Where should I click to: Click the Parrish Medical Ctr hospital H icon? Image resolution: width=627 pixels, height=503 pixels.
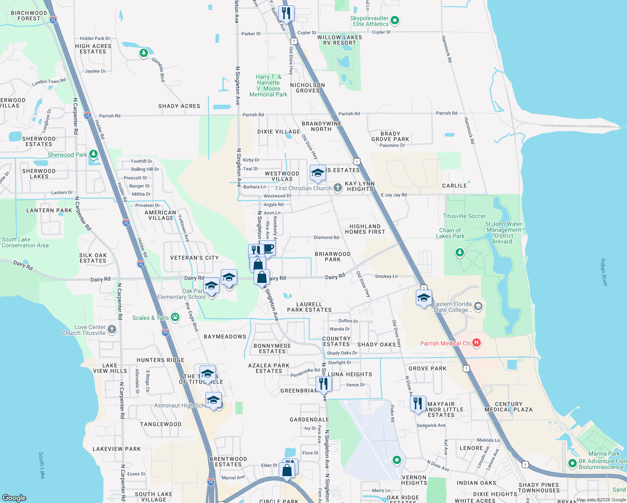coord(476,343)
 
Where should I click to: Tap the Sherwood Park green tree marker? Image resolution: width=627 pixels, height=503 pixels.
coord(93,154)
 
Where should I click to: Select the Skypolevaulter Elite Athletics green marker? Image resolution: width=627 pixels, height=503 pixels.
coord(394,20)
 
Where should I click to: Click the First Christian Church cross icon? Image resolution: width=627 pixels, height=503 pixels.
coord(338,188)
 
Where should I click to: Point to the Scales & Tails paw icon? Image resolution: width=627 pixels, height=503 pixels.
coord(175,317)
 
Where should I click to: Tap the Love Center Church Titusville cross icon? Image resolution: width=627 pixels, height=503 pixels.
coord(112,329)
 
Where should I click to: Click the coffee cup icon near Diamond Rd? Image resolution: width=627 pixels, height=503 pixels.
coord(268,248)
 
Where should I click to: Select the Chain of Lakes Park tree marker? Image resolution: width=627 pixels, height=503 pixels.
coord(460,252)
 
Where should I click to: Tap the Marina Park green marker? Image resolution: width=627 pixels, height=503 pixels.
coord(572,463)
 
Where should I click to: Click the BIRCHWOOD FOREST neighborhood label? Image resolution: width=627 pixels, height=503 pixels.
coord(29,16)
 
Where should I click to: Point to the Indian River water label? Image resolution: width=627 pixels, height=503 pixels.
coord(604,272)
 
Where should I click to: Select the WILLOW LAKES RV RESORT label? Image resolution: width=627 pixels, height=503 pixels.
coord(339,40)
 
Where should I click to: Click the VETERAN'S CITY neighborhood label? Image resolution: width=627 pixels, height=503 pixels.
coord(194,258)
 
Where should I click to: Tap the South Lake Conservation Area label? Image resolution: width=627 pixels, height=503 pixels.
coord(25,242)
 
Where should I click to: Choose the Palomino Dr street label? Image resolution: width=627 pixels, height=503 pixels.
coord(392,145)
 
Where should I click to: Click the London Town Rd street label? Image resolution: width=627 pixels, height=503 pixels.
coord(49,82)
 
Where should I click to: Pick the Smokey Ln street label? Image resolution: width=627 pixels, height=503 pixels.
coord(386,276)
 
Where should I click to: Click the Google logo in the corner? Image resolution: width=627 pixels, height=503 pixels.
coord(14,498)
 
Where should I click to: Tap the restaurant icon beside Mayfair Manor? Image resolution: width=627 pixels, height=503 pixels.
coord(418,404)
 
